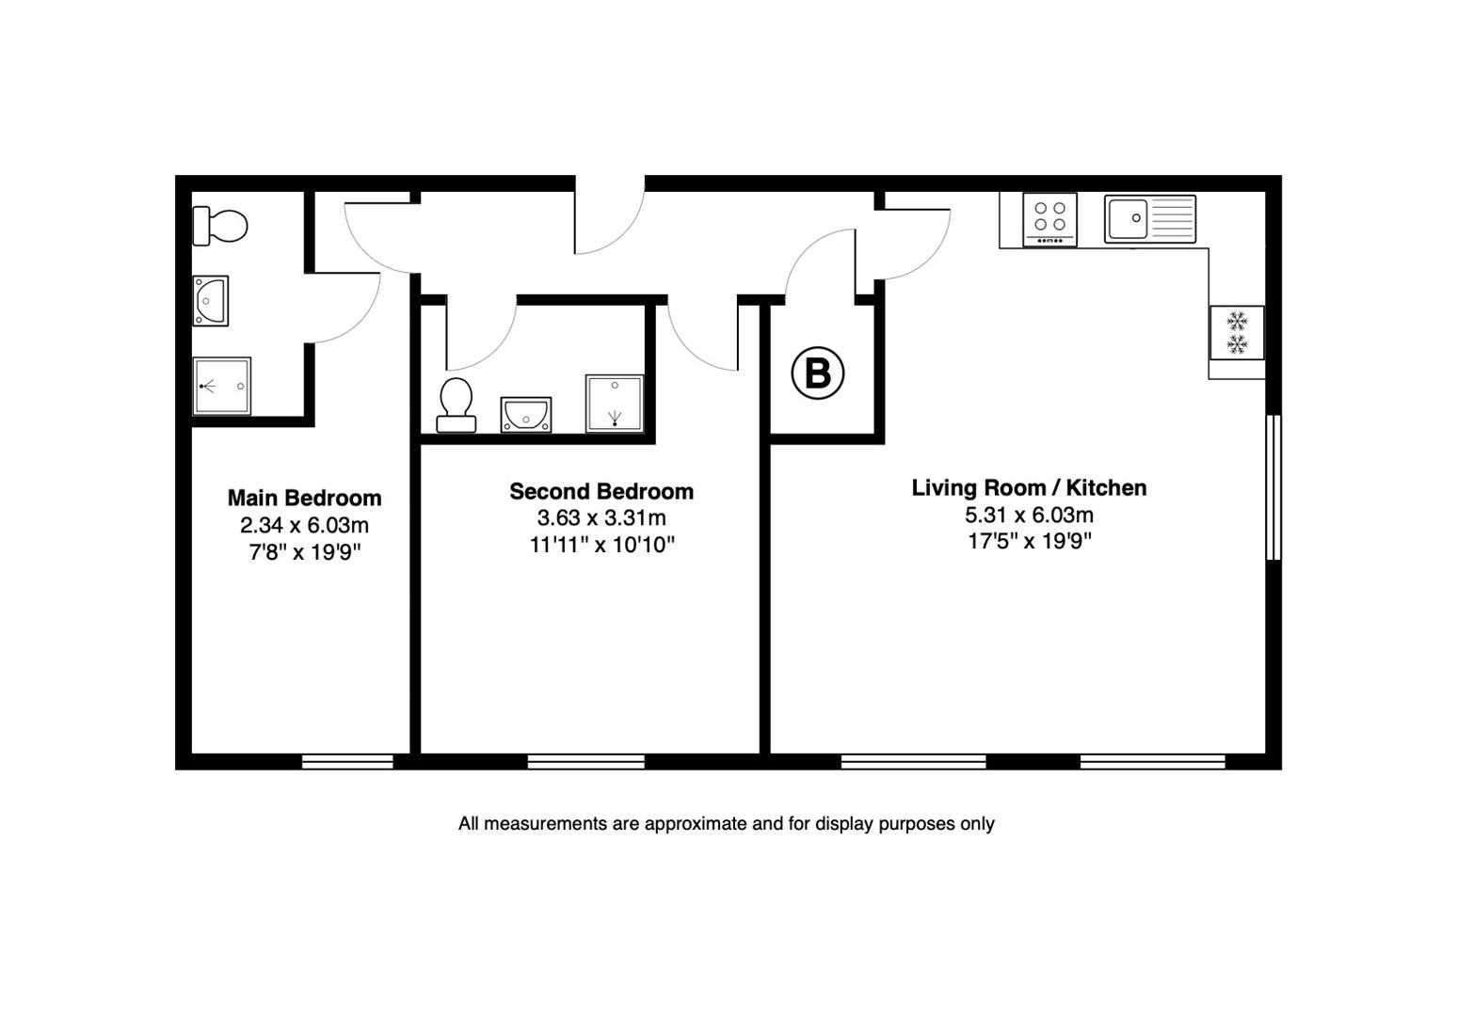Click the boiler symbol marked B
click(x=818, y=373)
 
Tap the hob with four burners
click(x=1049, y=219)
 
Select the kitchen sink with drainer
click(x=1149, y=219)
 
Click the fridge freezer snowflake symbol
click(x=1237, y=332)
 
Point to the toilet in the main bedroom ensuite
click(x=220, y=226)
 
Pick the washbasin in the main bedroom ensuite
click(x=211, y=301)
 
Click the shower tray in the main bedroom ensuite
click(x=222, y=386)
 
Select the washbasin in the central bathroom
click(x=526, y=414)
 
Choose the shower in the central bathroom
click(x=615, y=403)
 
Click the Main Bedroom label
click(x=304, y=498)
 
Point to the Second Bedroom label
click(x=601, y=491)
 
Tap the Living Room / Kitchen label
click(x=1029, y=487)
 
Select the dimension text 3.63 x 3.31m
click(x=601, y=517)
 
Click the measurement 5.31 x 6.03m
click(x=1029, y=515)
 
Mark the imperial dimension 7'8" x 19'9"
click(x=304, y=551)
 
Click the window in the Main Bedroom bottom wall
click(x=347, y=761)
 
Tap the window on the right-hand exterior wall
click(x=1273, y=487)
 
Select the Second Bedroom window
click(x=586, y=761)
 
